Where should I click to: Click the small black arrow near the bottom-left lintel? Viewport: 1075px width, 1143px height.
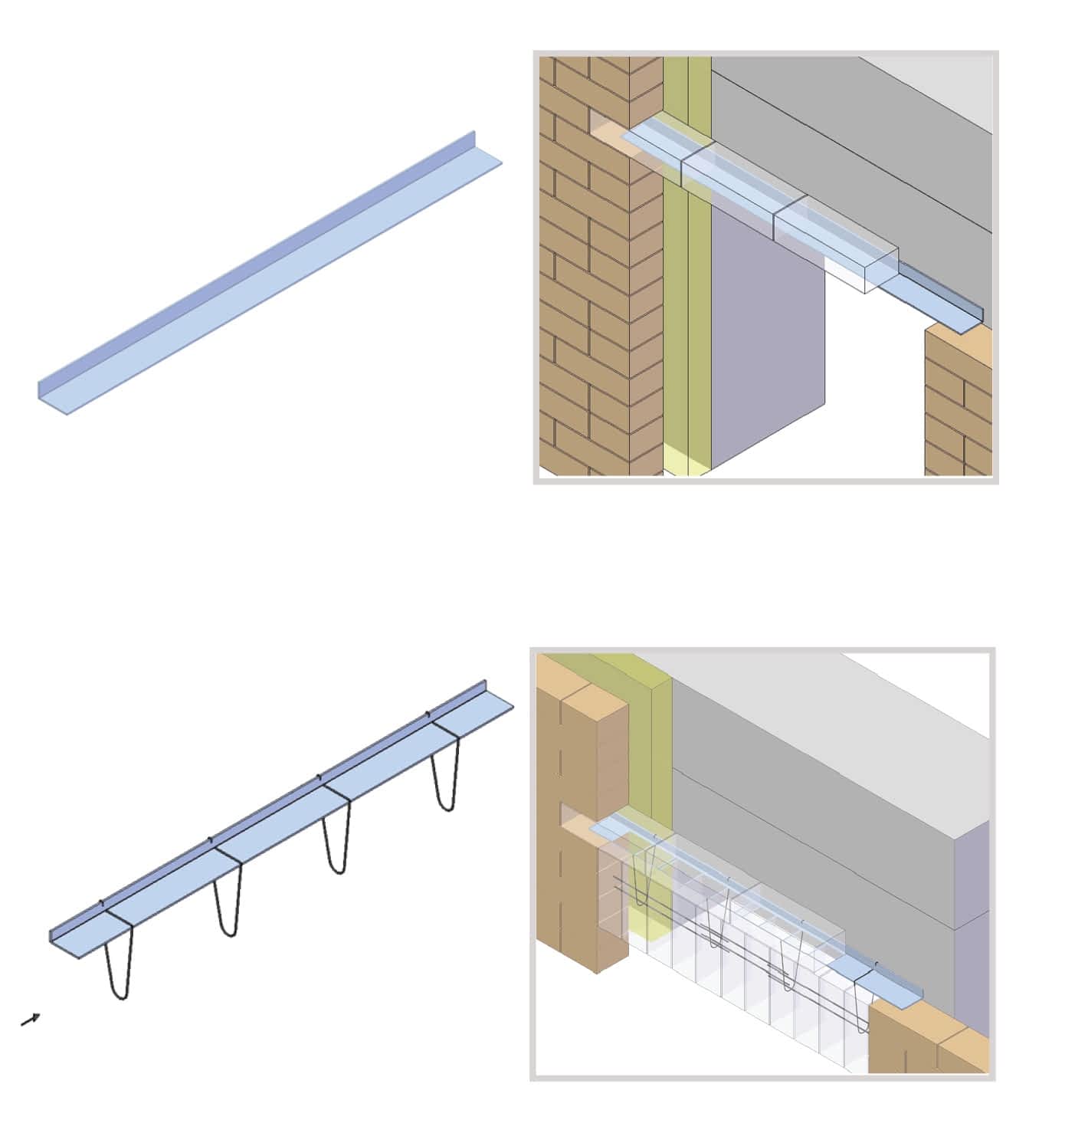click(x=31, y=1019)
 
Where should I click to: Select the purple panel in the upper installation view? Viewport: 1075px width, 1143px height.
click(x=766, y=337)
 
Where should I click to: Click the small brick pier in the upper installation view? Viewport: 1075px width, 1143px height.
click(x=958, y=406)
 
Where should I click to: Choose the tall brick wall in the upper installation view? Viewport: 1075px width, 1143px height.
click(x=590, y=307)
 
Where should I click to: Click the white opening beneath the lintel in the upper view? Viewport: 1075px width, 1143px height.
click(x=873, y=383)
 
